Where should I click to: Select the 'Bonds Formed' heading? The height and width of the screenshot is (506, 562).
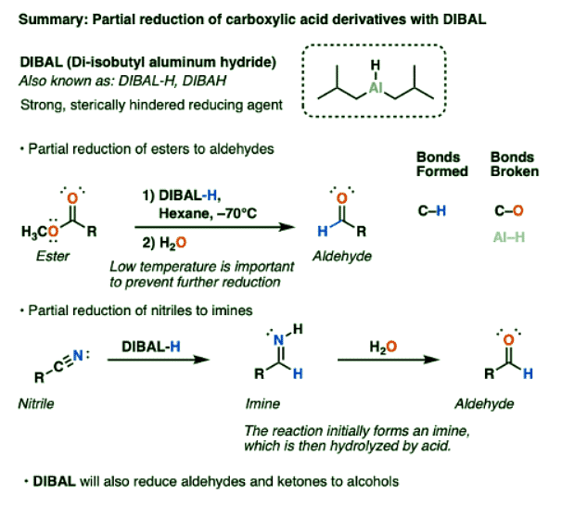coord(438,163)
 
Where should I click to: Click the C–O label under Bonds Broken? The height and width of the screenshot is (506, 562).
coord(508,211)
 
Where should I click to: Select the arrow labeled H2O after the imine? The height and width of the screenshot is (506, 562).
coord(383,363)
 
